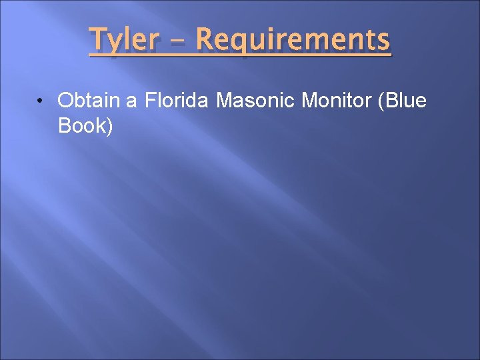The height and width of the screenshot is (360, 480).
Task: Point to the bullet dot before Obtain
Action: (41, 101)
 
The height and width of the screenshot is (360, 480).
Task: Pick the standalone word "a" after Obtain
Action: (131, 101)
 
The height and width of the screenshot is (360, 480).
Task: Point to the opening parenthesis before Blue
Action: (381, 101)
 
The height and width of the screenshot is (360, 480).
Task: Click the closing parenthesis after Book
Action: (109, 125)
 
